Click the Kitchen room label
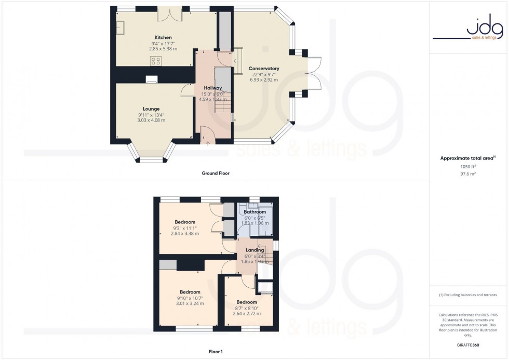[163, 37]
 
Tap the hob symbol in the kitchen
[155, 61]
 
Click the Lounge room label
[151, 109]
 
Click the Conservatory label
[264, 69]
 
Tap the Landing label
[254, 250]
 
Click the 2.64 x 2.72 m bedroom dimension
[246, 313]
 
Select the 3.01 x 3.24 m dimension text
[190, 303]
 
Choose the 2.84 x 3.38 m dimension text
[184, 233]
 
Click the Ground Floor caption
[216, 173]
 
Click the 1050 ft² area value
[468, 167]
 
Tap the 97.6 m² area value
[468, 174]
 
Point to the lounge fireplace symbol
[151, 79]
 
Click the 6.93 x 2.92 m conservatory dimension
[264, 79]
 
